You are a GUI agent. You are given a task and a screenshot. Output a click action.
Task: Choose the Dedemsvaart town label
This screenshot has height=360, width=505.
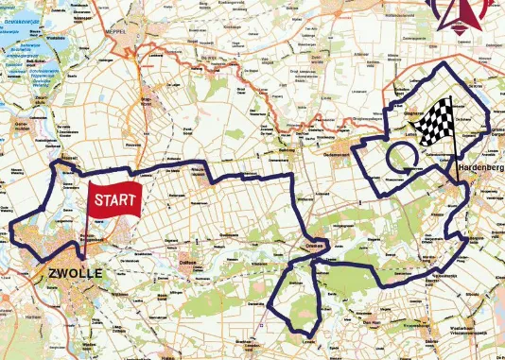(x=339, y=154)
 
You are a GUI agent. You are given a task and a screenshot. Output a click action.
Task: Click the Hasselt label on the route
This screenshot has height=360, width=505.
(x=68, y=158)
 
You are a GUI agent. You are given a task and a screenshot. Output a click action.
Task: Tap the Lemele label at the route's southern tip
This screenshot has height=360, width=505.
(x=308, y=341)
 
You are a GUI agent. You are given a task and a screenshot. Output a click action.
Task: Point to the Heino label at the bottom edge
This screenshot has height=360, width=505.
(x=169, y=357)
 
